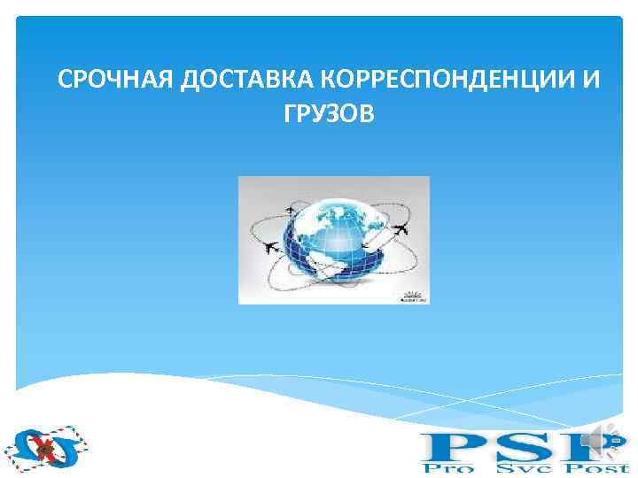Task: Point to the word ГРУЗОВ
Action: (324, 113)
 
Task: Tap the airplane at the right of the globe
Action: (401, 229)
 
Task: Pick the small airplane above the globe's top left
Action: (291, 210)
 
